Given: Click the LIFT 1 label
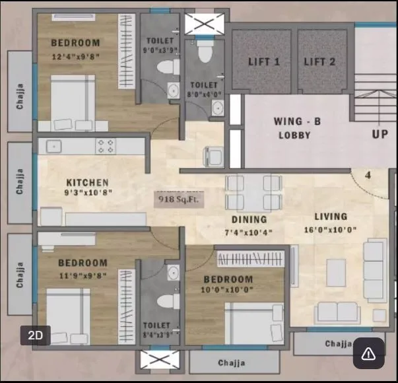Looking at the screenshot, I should (265, 62).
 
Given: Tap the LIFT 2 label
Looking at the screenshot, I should (320, 62).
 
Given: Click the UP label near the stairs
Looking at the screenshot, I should (380, 134).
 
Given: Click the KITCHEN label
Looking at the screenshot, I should (87, 182).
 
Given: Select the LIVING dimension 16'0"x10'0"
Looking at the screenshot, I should (331, 229).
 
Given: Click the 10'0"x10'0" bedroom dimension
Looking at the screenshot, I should (228, 290).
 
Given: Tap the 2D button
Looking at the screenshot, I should (36, 335).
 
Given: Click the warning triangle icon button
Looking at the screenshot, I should (368, 354).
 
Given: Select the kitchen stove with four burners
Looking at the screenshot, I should (106, 146).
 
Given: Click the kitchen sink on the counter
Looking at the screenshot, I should (52, 146).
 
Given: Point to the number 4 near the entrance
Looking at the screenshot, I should (368, 176).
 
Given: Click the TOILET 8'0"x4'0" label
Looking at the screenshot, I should (203, 89).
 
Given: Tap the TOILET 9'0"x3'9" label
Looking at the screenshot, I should (160, 45).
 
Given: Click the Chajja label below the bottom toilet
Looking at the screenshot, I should (231, 363).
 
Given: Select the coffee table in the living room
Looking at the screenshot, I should (336, 271).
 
